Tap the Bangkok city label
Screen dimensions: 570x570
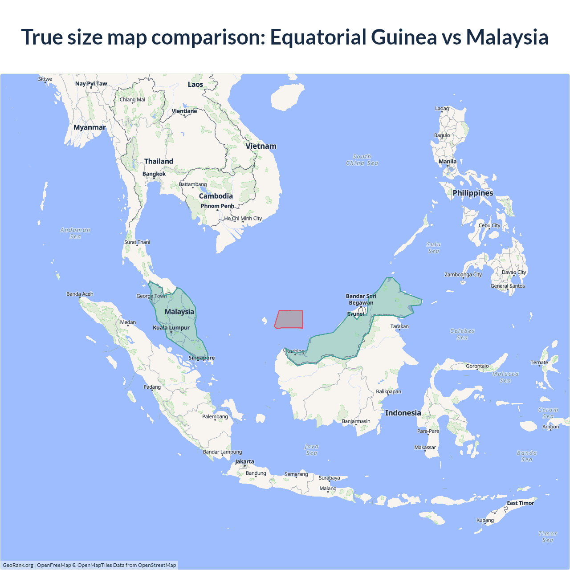point(154,174)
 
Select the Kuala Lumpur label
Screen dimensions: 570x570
point(171,328)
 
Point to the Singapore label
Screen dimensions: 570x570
point(201,358)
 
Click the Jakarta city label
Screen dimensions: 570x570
point(244,461)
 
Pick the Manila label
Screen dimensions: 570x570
point(448,162)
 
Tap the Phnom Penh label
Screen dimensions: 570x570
point(217,206)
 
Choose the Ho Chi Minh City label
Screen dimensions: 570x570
point(243,218)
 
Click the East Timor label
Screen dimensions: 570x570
point(520,503)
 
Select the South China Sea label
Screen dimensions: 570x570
point(362,160)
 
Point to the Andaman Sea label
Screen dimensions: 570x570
point(75,233)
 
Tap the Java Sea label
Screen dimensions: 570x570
point(312,449)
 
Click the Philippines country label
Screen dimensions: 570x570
point(473,193)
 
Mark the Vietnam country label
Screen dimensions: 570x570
point(261,146)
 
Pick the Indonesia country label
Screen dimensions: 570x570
point(403,413)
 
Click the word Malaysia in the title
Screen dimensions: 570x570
point(507,37)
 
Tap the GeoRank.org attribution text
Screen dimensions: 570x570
point(18,565)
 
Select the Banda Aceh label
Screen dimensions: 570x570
point(80,294)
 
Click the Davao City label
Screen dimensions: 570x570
point(514,272)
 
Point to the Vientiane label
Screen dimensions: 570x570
point(184,111)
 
